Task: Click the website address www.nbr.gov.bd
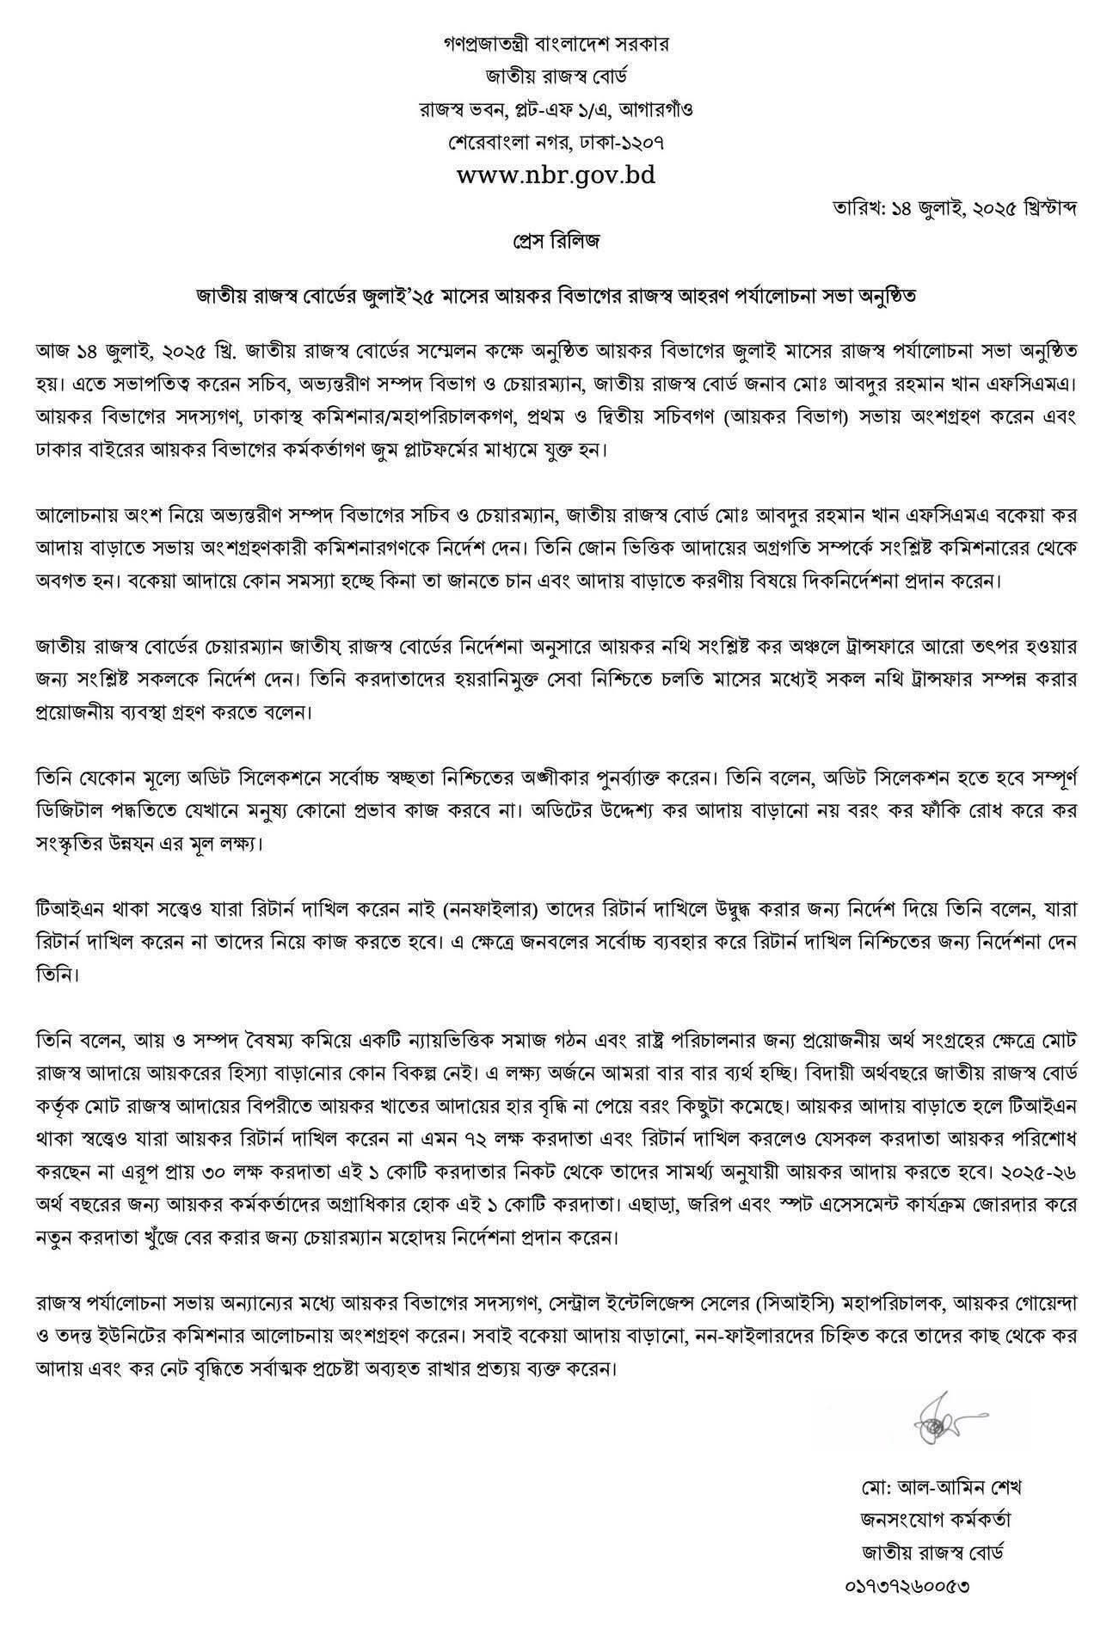(x=556, y=175)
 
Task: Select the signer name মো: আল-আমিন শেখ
(x=932, y=1487)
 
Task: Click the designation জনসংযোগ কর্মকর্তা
(x=932, y=1519)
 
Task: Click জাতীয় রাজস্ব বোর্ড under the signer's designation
(x=932, y=1552)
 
